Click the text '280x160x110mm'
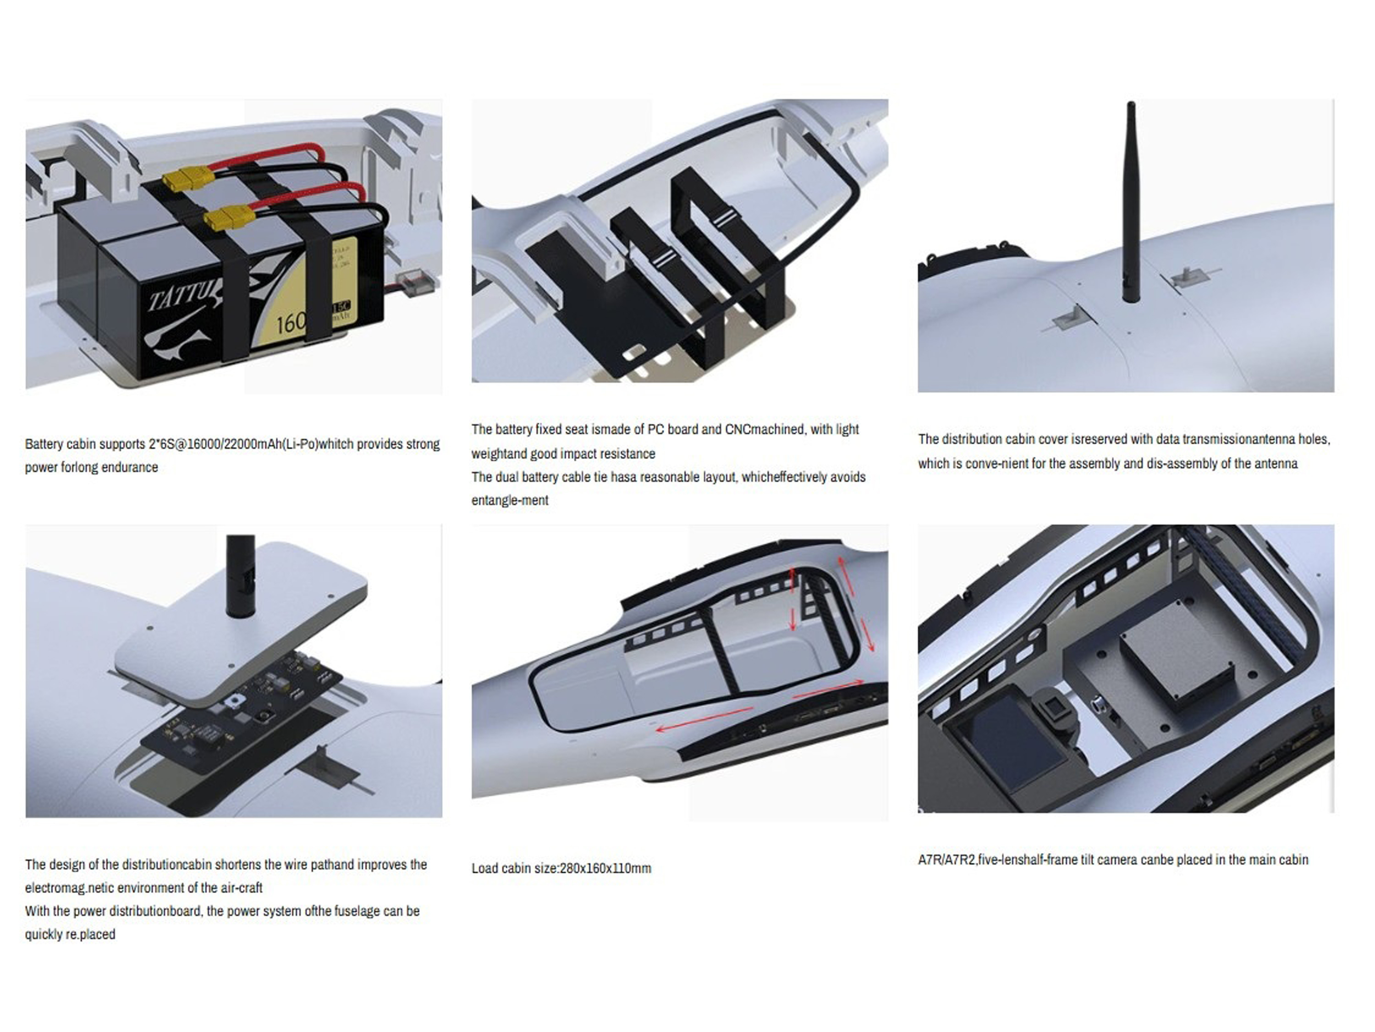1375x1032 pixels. tap(605, 868)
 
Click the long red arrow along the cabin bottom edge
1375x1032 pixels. tap(705, 719)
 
